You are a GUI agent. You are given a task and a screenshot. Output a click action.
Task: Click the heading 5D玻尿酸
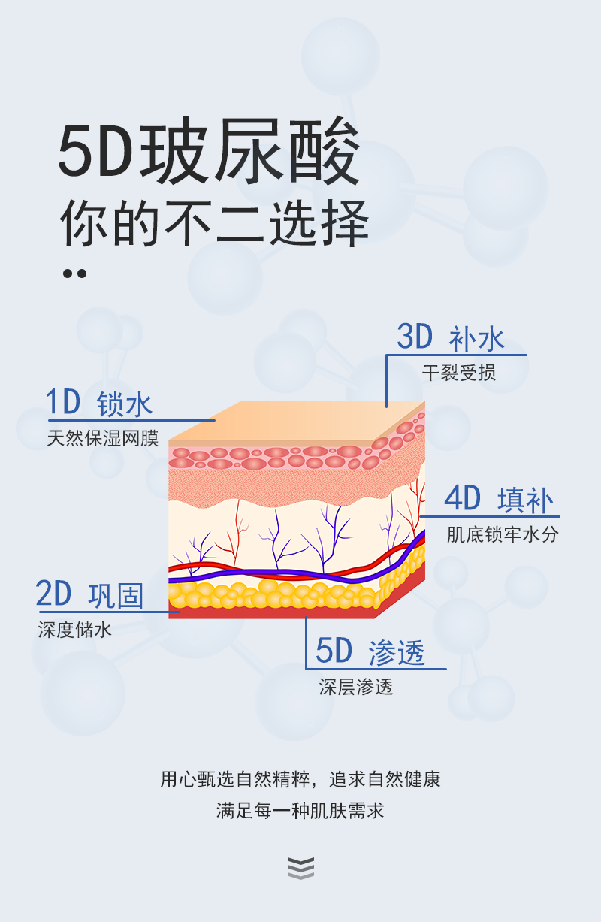coord(210,154)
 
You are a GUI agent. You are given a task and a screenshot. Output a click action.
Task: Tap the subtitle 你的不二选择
coord(214,223)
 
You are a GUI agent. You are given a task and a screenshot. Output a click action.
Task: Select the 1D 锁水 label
coord(99,404)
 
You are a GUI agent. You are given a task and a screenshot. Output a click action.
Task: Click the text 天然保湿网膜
coord(103,438)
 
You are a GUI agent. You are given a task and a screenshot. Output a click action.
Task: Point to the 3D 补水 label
coord(450,339)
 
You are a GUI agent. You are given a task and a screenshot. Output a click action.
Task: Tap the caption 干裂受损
coord(458,373)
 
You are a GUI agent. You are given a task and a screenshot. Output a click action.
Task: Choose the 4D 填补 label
coord(498,500)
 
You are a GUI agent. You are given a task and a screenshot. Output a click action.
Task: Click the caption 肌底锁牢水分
coord(503,534)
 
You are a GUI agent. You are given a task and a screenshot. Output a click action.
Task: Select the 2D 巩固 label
coord(89,594)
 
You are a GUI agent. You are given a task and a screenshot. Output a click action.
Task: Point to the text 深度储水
coord(75,630)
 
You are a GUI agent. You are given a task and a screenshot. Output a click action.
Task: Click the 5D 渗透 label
coord(370,651)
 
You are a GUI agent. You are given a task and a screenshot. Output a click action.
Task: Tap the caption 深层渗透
coord(355,687)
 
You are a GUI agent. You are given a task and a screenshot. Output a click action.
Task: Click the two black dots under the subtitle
coord(74,274)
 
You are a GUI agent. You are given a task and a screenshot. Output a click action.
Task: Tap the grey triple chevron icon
coord(300,868)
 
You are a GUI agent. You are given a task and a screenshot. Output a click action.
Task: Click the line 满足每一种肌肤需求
coord(300,812)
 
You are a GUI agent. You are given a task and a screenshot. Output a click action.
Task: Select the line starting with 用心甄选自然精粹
coord(300,779)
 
